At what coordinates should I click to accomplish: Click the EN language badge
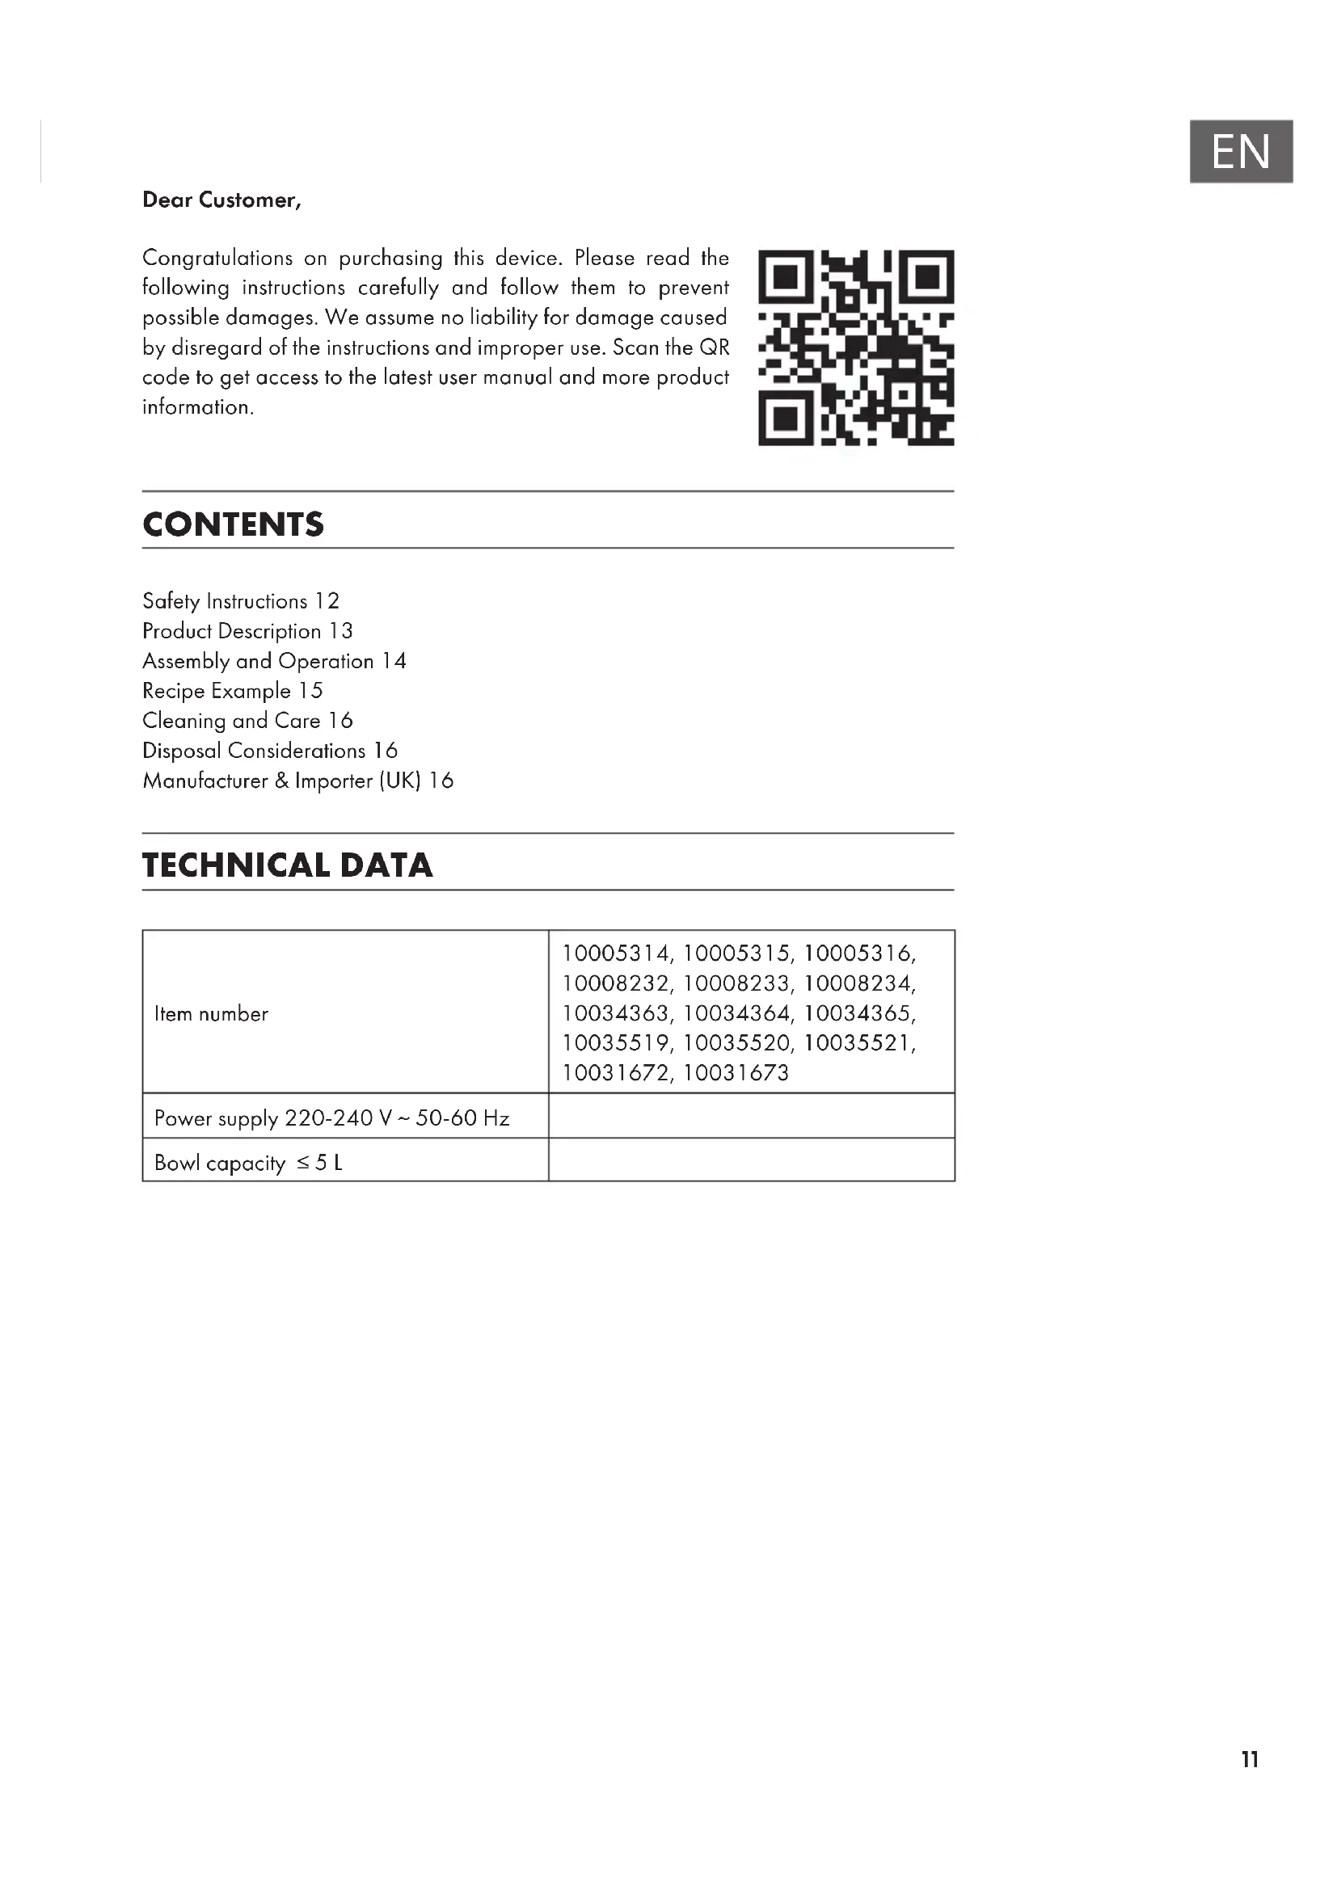[1240, 151]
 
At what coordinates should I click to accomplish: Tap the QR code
[855, 347]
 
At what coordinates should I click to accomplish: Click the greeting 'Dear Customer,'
[221, 200]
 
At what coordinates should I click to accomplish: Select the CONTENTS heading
[233, 524]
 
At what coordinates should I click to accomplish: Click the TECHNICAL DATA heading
[287, 865]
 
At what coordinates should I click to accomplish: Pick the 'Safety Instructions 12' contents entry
[240, 601]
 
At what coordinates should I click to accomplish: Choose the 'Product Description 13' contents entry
[247, 631]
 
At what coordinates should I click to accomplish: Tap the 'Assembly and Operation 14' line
[274, 661]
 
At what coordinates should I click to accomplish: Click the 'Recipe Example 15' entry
[232, 691]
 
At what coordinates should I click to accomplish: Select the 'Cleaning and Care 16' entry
[247, 721]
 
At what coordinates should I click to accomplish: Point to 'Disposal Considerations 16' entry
[269, 751]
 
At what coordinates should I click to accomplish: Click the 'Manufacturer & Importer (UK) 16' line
[297, 781]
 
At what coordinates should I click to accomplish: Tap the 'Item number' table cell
[212, 1013]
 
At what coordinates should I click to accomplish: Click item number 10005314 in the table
[616, 953]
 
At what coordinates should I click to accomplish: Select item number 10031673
[735, 1072]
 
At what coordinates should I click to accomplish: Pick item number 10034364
[735, 1013]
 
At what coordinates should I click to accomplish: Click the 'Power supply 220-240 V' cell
[331, 1118]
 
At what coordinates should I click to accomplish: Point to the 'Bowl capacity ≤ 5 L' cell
[248, 1162]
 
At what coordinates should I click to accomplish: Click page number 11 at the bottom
[1249, 1759]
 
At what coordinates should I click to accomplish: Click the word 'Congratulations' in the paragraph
[217, 258]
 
